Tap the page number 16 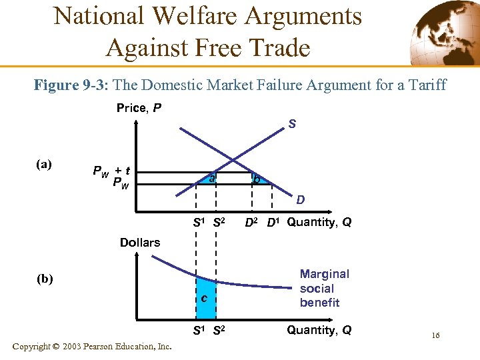(435, 335)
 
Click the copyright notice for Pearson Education (92, 347)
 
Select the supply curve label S (292, 123)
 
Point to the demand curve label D (301, 199)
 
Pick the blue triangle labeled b (257, 179)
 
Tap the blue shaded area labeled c (205, 297)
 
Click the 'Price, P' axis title (139, 107)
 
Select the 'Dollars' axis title (140, 243)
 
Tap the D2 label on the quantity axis (252, 223)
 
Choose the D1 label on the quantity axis (273, 223)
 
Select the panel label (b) (46, 279)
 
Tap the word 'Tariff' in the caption (425, 85)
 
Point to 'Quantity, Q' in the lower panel (319, 330)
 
